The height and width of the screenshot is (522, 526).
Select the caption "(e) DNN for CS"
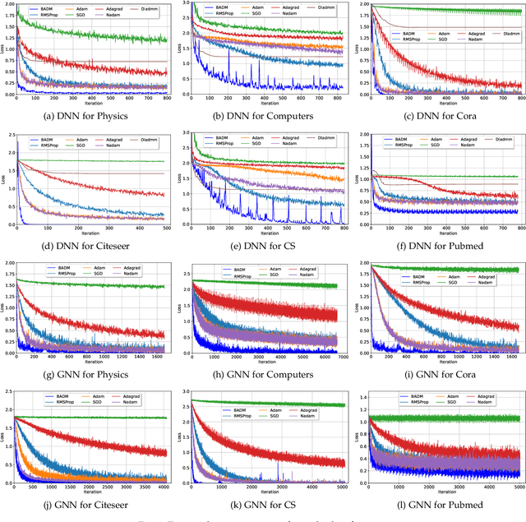(x=265, y=244)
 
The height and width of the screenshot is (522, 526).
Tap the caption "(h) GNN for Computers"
(x=265, y=375)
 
